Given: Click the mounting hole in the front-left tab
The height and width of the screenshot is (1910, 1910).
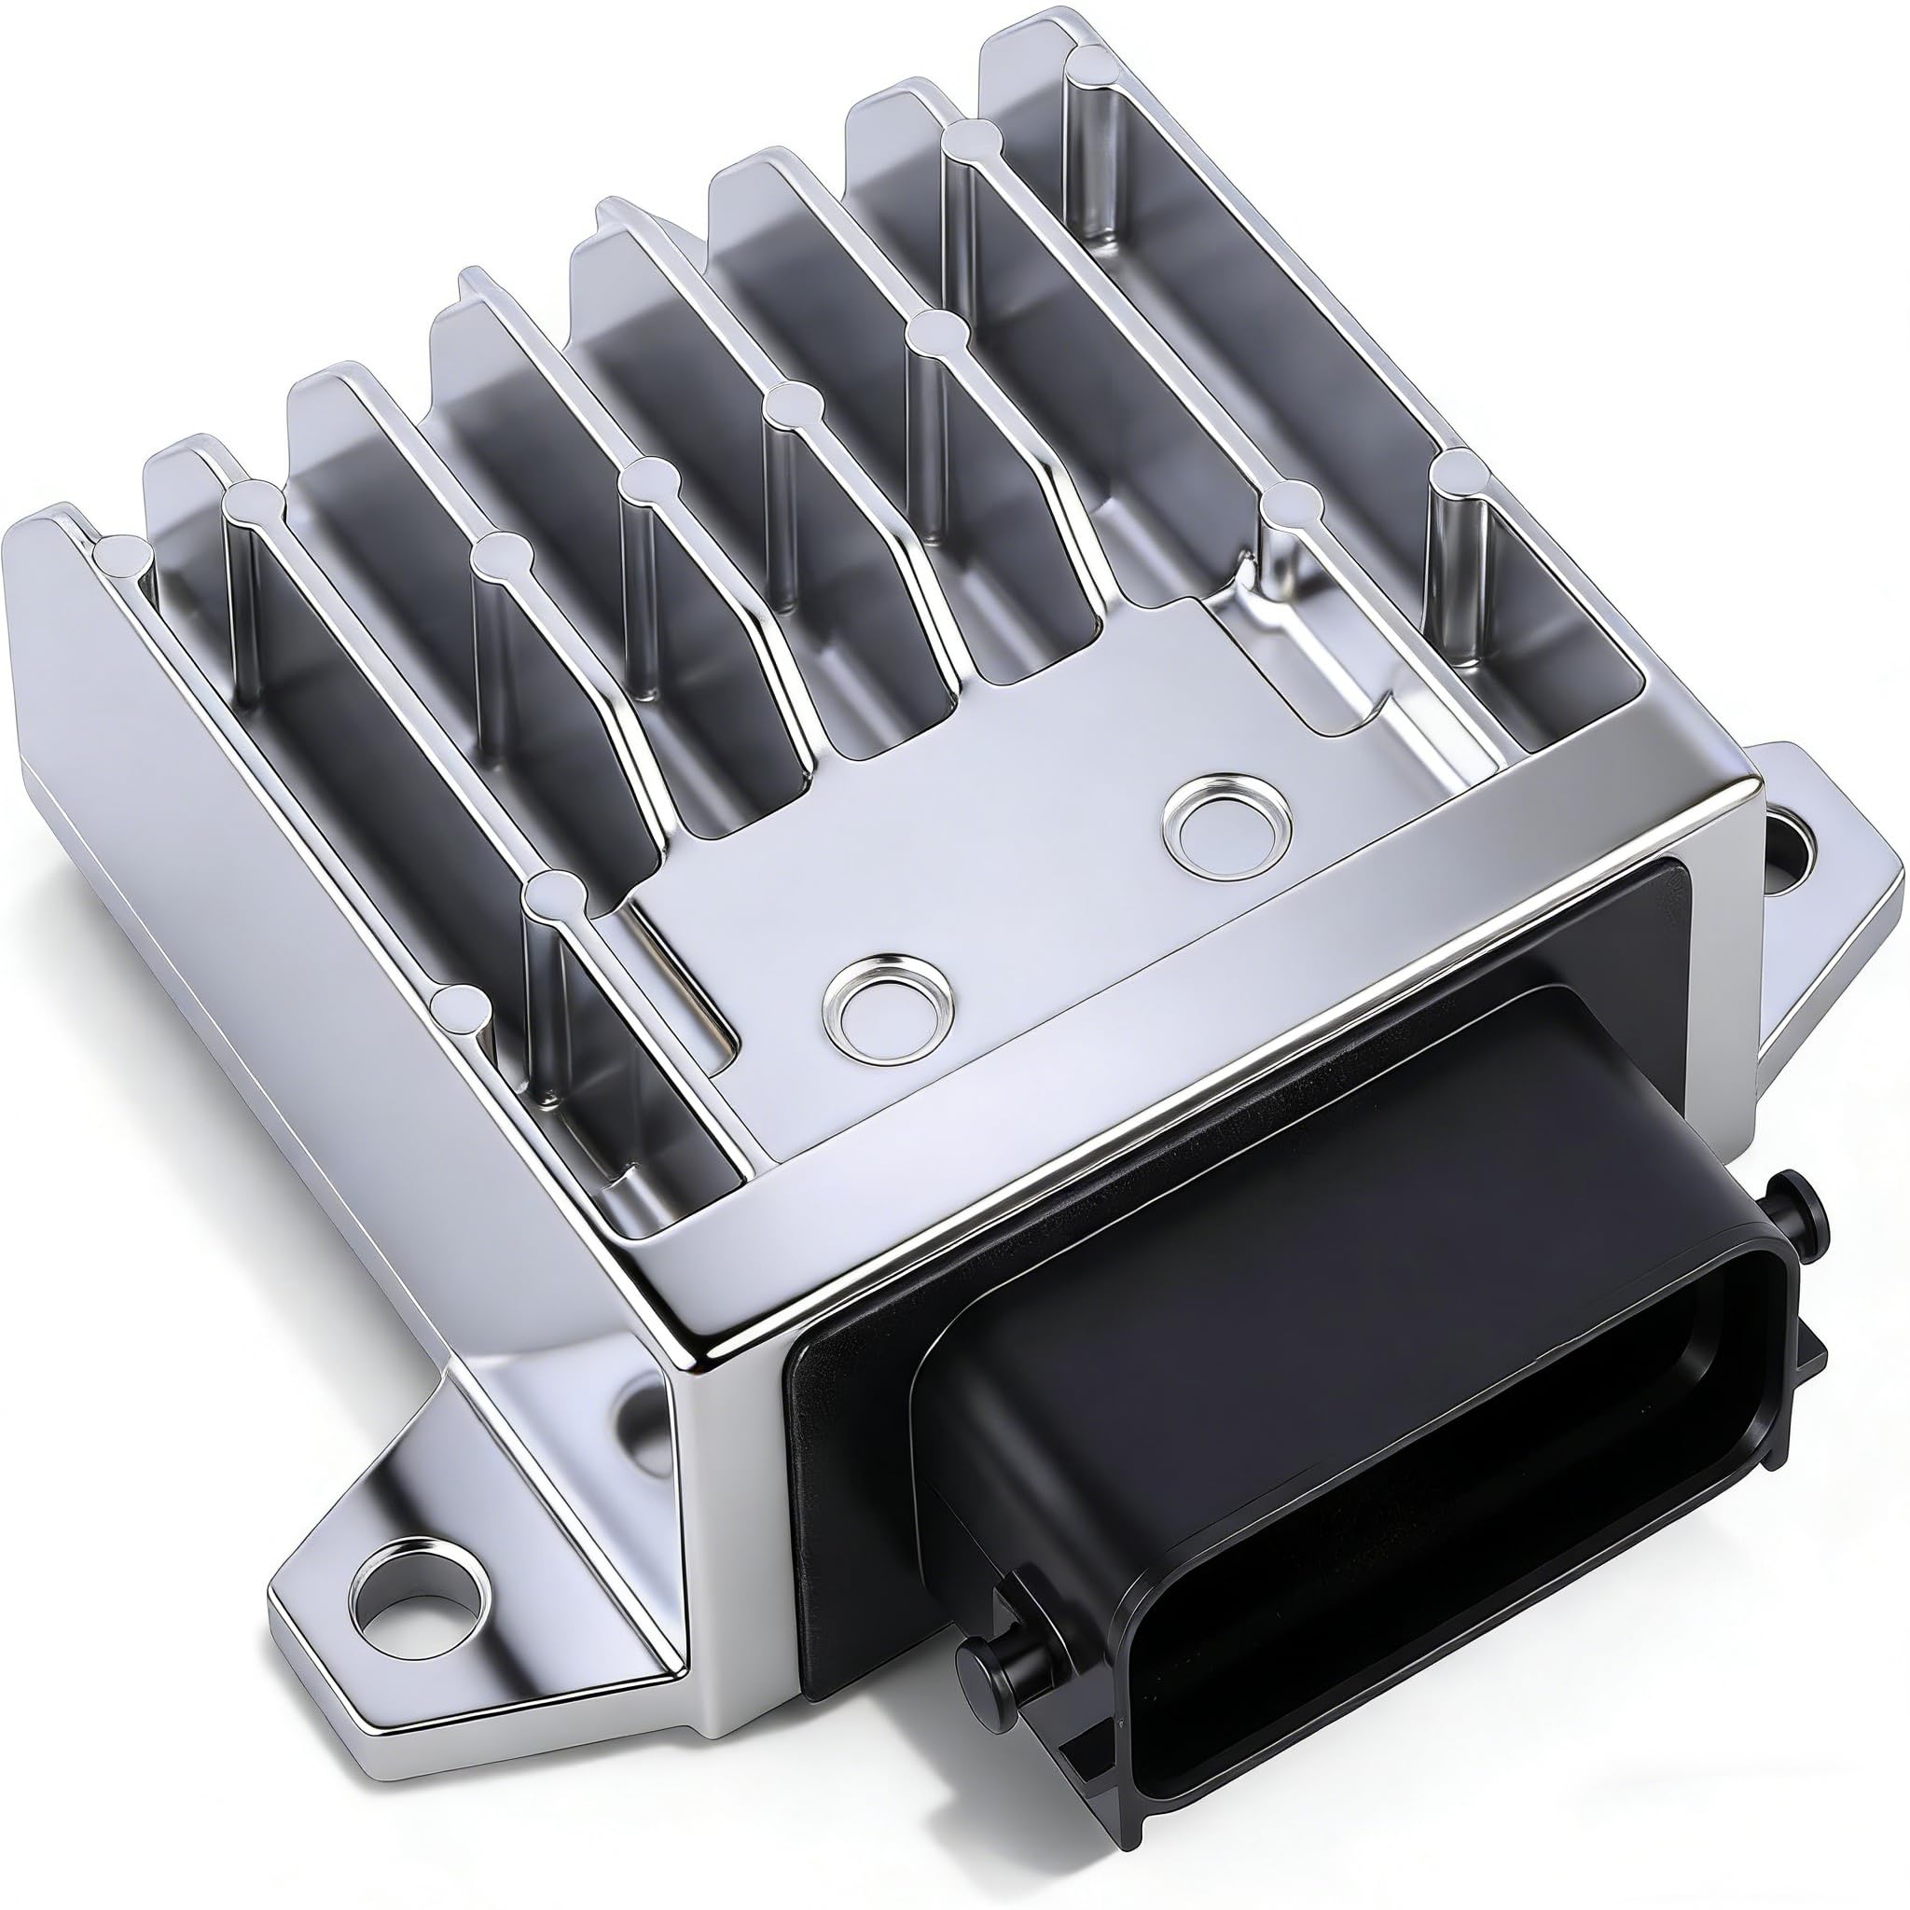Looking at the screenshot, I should (422, 1565).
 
